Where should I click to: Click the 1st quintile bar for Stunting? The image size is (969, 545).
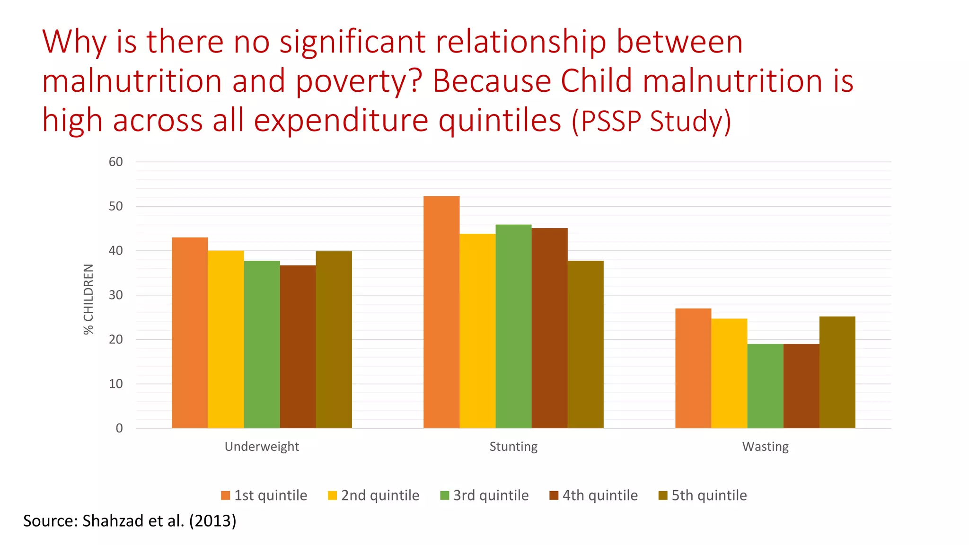441,312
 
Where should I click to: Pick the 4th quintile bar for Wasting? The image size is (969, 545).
801,386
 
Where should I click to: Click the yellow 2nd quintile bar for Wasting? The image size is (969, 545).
729,373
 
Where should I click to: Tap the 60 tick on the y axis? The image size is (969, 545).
116,162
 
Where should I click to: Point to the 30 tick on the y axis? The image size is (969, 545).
116,295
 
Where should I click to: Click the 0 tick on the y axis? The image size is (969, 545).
119,428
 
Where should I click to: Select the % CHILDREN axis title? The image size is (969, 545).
88,299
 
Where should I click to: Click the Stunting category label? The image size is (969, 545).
513,447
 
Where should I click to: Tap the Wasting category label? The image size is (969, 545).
765,447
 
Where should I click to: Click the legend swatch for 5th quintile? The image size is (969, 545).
663,495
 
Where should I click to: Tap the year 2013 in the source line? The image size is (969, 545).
212,521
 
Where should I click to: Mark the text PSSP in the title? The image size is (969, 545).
612,121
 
